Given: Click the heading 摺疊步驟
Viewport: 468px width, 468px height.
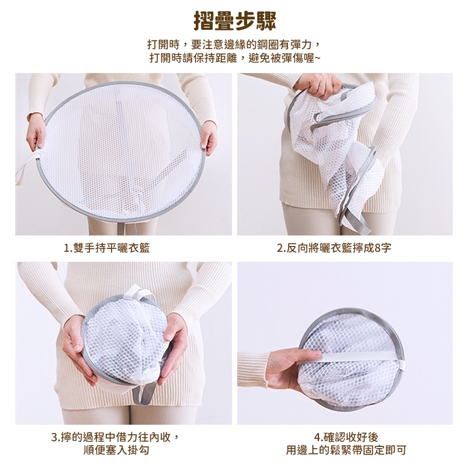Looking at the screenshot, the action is [235, 21].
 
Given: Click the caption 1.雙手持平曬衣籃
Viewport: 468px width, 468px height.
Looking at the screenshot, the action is [106, 247].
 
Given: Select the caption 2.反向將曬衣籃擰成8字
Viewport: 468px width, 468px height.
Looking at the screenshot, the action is [334, 247].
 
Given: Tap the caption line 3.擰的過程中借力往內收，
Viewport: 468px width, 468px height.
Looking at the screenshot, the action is [116, 437].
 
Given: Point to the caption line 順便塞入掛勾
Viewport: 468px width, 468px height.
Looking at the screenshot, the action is [116, 450].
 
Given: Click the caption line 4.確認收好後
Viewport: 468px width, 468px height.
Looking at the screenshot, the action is [346, 437].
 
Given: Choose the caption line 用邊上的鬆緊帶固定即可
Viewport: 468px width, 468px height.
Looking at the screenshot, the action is [346, 450].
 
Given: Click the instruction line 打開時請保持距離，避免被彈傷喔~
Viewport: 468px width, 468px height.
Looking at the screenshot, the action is [235, 58].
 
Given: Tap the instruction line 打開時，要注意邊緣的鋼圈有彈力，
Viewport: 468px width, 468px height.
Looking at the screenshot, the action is [235, 45].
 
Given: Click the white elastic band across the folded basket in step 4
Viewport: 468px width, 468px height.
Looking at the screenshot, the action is [358, 356].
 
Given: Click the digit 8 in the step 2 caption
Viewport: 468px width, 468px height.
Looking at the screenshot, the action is [377, 248].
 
